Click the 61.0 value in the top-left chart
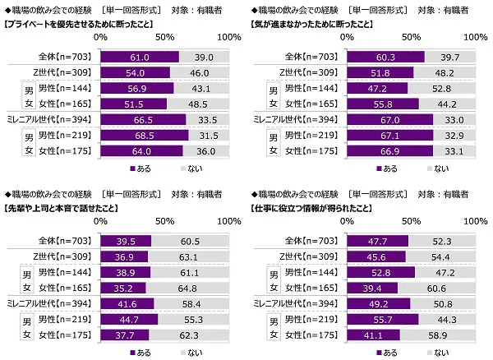tap(141, 57)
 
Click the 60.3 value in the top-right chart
tap(387, 57)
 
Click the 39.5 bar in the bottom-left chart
tap(126, 242)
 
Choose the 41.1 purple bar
tap(375, 335)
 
